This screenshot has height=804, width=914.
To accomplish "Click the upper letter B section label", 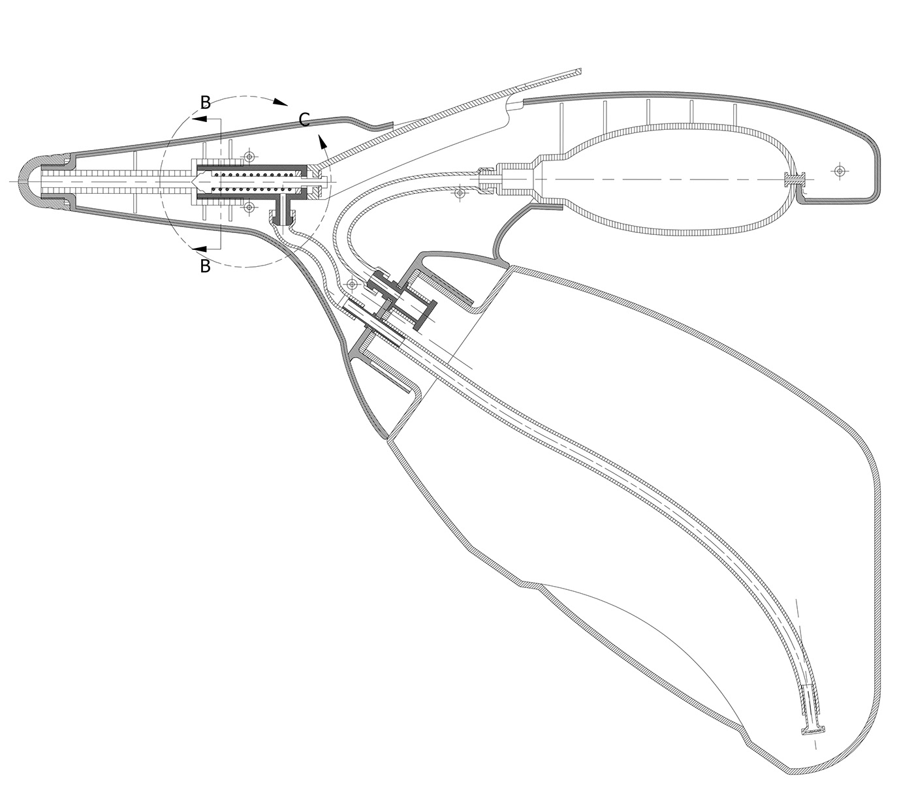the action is click(x=206, y=102).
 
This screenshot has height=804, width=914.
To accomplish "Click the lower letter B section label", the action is click(x=206, y=266).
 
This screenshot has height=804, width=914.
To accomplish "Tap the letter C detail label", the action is click(x=304, y=119).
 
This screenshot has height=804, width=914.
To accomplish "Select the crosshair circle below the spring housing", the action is click(x=249, y=207).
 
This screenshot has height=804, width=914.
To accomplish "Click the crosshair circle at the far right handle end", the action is click(x=840, y=170).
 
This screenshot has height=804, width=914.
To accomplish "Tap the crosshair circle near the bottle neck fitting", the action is click(x=353, y=285).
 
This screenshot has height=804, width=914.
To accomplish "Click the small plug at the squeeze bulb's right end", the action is click(x=795, y=178).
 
